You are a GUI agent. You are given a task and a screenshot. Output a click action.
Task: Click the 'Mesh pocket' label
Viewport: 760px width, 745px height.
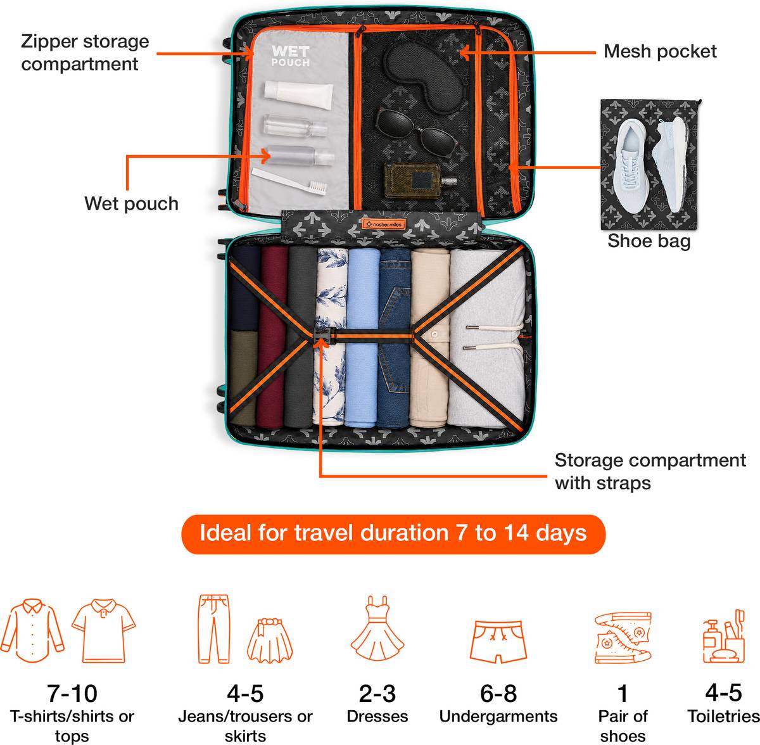[660, 51]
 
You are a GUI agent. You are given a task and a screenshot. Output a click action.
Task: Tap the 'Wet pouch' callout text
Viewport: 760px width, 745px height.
[131, 203]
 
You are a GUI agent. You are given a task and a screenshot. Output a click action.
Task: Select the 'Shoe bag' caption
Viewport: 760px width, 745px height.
[649, 241]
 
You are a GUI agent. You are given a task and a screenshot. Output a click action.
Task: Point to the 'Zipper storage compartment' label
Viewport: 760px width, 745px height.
[85, 53]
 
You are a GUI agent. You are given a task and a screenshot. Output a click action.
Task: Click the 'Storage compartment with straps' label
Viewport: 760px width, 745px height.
[650, 471]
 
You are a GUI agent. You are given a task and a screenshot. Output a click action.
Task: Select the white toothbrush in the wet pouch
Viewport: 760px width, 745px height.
[289, 181]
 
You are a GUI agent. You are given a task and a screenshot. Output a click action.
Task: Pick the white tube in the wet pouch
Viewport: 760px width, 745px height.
[298, 94]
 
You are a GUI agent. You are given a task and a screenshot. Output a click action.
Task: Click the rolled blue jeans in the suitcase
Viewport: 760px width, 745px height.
[395, 338]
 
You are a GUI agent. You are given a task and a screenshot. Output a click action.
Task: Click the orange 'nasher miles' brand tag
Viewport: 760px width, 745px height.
[383, 224]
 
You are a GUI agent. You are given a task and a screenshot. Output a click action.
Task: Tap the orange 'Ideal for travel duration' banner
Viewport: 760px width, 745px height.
[393, 534]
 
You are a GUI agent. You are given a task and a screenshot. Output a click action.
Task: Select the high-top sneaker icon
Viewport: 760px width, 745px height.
[623, 638]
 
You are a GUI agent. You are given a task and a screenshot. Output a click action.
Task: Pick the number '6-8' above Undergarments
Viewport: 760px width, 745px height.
[498, 693]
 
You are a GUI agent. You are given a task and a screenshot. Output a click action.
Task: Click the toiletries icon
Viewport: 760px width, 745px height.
[723, 636]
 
